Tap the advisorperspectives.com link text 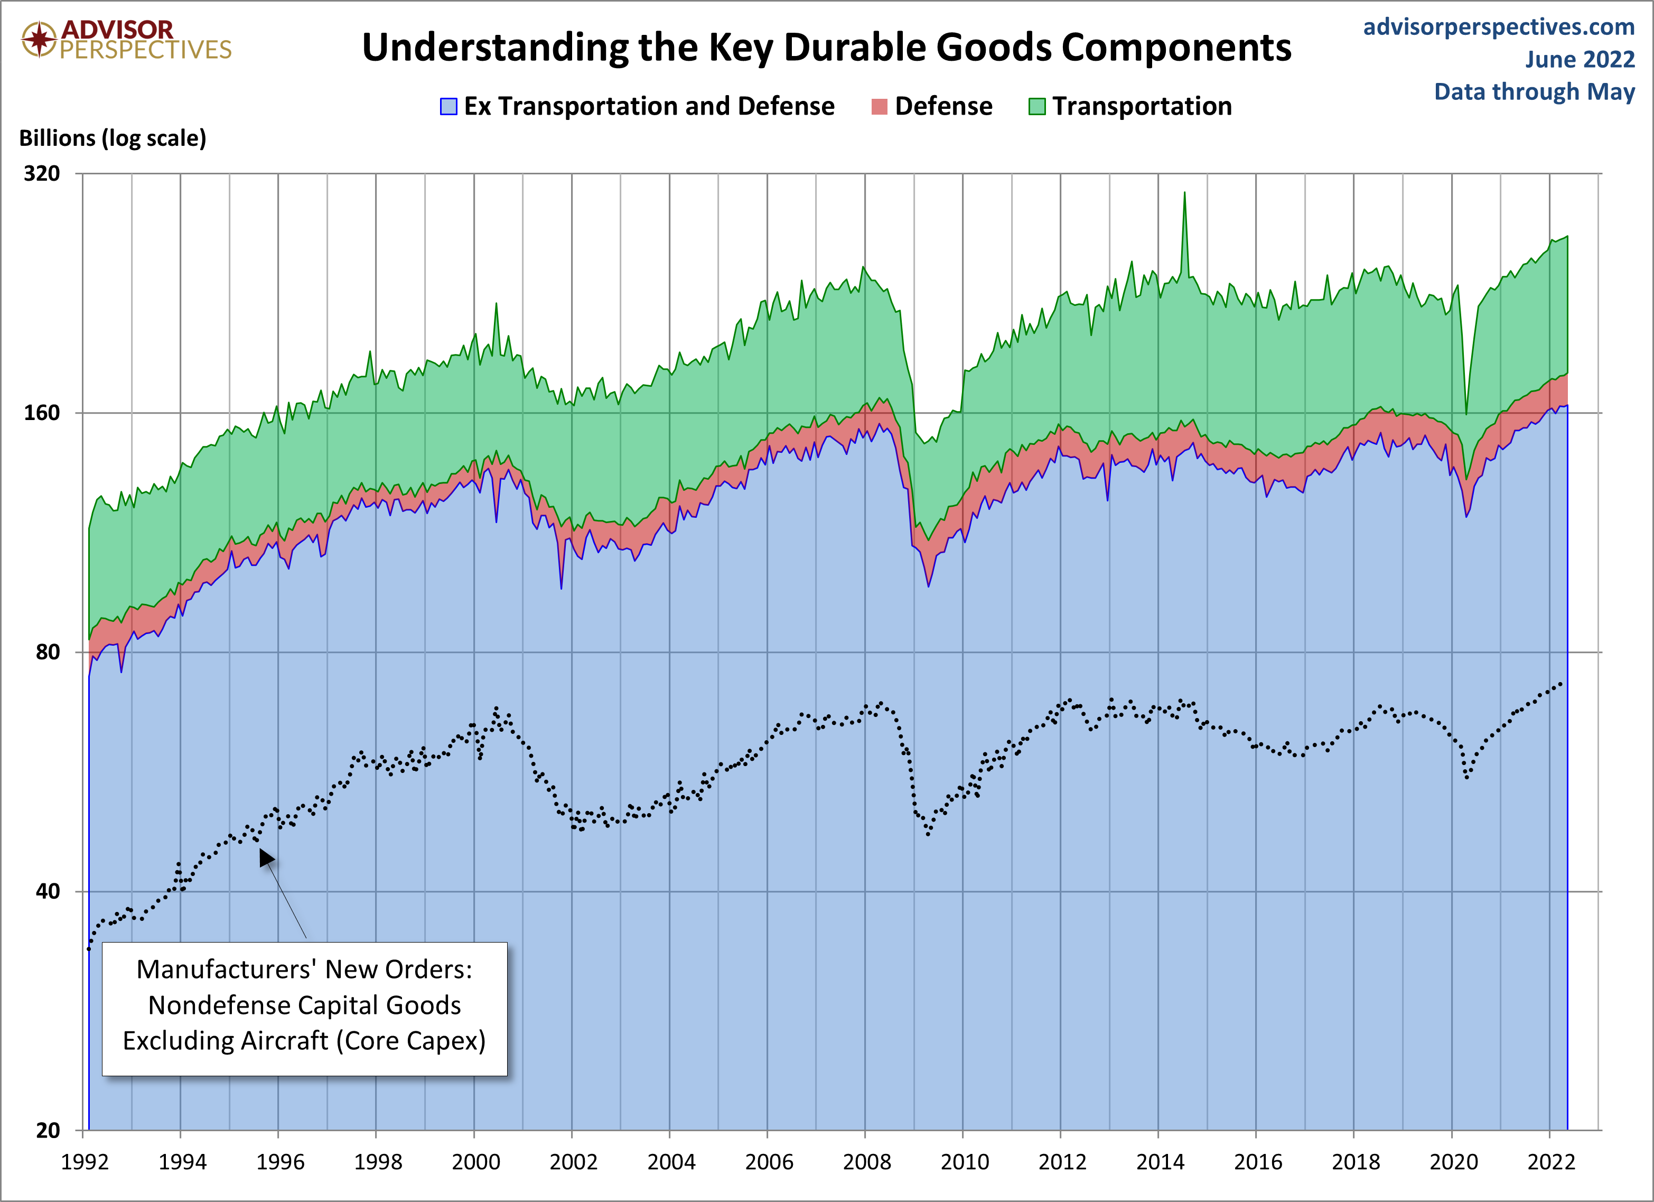(x=1499, y=27)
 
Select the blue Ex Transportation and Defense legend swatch (x=448, y=107)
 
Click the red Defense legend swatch (x=880, y=107)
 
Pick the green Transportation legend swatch (x=1036, y=107)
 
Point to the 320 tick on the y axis (x=42, y=174)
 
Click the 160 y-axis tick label (x=42, y=413)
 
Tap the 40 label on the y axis (x=48, y=891)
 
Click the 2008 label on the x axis (x=866, y=1162)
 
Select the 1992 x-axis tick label (x=85, y=1162)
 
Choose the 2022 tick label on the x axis (x=1551, y=1162)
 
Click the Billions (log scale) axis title (x=113, y=138)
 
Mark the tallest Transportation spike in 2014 (x=1184, y=193)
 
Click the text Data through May (x=1535, y=92)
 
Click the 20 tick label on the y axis (x=48, y=1131)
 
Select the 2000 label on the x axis (x=475, y=1162)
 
